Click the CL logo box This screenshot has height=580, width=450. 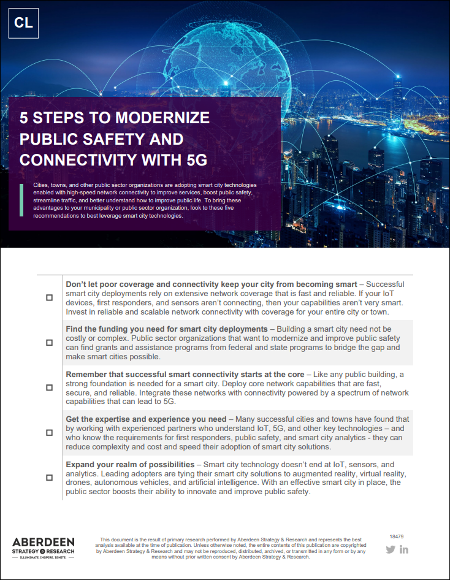pos(24,23)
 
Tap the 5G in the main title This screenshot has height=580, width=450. pos(194,160)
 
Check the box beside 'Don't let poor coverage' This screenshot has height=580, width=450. pos(49,297)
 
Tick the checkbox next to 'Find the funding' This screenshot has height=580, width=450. pos(49,343)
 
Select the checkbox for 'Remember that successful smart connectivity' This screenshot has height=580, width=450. pos(49,387)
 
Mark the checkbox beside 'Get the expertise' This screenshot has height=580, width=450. pos(49,432)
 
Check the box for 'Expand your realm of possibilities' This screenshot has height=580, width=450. pos(49,477)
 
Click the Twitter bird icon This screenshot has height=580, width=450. pos(391,549)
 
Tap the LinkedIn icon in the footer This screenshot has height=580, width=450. pos(404,549)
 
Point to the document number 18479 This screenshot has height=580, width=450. pos(396,536)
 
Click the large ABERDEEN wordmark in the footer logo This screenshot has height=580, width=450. pos(43,543)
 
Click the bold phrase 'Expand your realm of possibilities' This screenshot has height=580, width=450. pos(130,465)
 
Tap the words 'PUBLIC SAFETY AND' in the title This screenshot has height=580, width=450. pos(101,139)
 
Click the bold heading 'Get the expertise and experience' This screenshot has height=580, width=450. pos(146,419)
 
